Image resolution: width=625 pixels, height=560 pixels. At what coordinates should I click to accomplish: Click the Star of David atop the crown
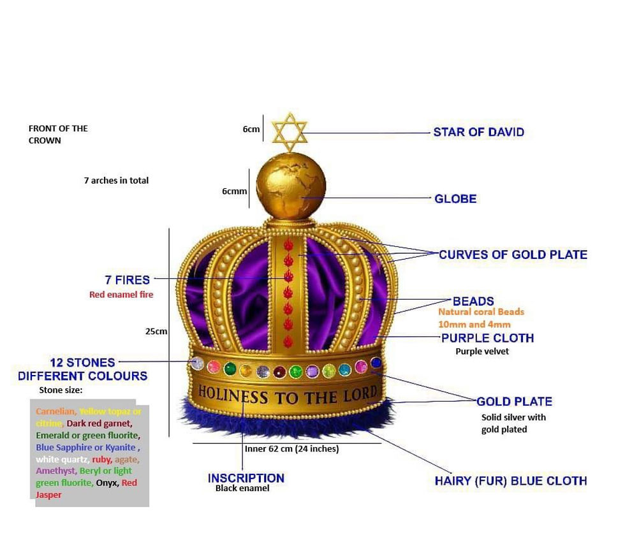pyautogui.click(x=290, y=133)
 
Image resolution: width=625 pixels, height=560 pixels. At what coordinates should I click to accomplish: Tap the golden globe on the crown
pyautogui.click(x=291, y=186)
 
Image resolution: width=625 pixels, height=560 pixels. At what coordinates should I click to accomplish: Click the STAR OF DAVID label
pyautogui.click(x=478, y=133)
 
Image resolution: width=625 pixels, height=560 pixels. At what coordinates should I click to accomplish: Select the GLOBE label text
pyautogui.click(x=455, y=199)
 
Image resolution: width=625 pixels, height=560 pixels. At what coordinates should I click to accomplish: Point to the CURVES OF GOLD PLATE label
pyautogui.click(x=513, y=254)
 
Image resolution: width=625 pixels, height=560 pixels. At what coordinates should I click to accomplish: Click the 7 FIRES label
pyautogui.click(x=128, y=280)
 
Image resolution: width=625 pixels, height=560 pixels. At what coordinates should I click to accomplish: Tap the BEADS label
pyautogui.click(x=473, y=301)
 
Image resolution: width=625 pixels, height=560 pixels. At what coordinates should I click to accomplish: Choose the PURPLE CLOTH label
pyautogui.click(x=487, y=338)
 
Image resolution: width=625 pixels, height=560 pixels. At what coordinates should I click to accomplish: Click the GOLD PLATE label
pyautogui.click(x=514, y=402)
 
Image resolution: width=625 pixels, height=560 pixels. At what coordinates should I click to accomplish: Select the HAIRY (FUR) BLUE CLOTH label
pyautogui.click(x=511, y=481)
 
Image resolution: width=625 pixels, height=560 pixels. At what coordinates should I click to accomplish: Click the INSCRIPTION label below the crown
pyautogui.click(x=246, y=478)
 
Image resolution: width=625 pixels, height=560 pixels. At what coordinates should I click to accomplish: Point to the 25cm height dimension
pyautogui.click(x=156, y=332)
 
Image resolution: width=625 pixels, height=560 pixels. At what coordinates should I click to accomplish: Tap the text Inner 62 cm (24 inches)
pyautogui.click(x=291, y=449)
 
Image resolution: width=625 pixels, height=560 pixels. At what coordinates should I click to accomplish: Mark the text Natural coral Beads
pyautogui.click(x=481, y=312)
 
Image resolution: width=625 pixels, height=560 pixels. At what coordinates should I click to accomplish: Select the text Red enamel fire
pyautogui.click(x=121, y=295)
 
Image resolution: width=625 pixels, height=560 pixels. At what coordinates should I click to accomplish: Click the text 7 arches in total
pyautogui.click(x=116, y=181)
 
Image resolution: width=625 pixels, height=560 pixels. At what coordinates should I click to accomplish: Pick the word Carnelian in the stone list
pyautogui.click(x=55, y=411)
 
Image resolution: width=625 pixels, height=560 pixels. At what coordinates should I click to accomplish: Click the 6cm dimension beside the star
pyautogui.click(x=251, y=129)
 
